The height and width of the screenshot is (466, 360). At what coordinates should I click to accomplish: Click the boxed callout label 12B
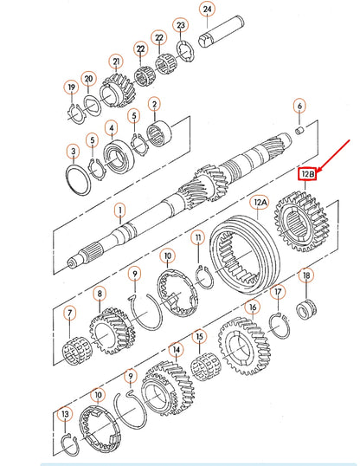tap(308, 174)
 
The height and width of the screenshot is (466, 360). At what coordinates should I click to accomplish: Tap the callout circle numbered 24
tap(206, 10)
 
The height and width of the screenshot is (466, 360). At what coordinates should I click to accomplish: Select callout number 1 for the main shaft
tap(120, 209)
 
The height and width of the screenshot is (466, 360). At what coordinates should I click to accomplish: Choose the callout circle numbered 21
tap(115, 62)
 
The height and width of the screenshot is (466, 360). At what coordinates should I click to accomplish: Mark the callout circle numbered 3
tap(74, 153)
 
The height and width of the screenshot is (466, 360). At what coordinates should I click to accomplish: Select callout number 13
tap(64, 415)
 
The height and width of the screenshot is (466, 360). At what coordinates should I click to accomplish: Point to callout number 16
tap(252, 307)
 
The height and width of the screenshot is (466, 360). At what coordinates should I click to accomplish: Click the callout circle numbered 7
tap(70, 312)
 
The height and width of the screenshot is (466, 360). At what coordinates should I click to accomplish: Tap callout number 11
tap(198, 237)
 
